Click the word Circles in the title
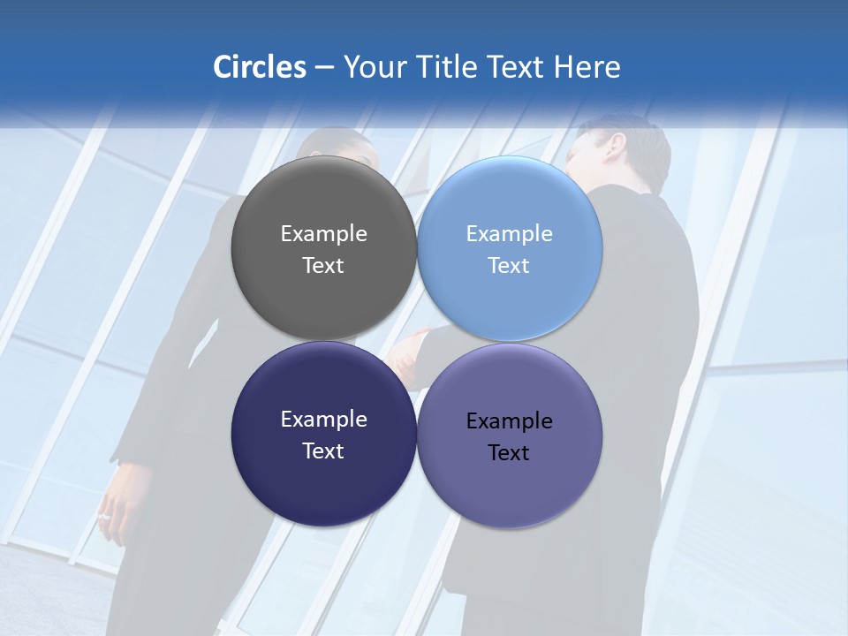pyautogui.click(x=259, y=67)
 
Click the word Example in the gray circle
pyautogui.click(x=323, y=234)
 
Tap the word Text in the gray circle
pyautogui.click(x=323, y=266)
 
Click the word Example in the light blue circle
pyautogui.click(x=509, y=234)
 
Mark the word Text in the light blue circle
pyautogui.click(x=509, y=266)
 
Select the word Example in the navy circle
pyautogui.click(x=323, y=420)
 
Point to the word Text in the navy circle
pyautogui.click(x=323, y=451)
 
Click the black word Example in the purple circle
pyautogui.click(x=509, y=421)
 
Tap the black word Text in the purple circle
pyautogui.click(x=509, y=453)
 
